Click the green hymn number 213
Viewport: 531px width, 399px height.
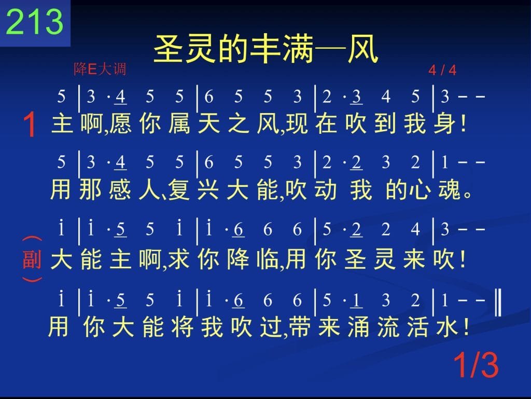(x=35, y=21)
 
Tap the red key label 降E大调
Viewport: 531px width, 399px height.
(x=100, y=69)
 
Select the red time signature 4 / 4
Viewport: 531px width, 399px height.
(x=442, y=70)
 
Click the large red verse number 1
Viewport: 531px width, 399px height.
(x=30, y=125)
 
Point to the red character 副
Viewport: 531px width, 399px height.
(x=32, y=259)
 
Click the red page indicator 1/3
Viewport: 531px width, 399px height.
(x=476, y=365)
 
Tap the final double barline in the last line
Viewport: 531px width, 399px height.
(x=498, y=302)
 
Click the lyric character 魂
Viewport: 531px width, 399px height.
(x=450, y=190)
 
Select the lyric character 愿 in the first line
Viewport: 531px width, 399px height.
(x=120, y=123)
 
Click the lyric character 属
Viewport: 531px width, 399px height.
(x=179, y=123)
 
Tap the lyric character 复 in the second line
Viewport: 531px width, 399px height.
(x=178, y=190)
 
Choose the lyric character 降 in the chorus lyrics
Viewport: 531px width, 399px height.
(x=237, y=259)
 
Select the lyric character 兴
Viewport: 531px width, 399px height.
(x=208, y=190)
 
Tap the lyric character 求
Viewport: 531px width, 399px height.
(x=179, y=259)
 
